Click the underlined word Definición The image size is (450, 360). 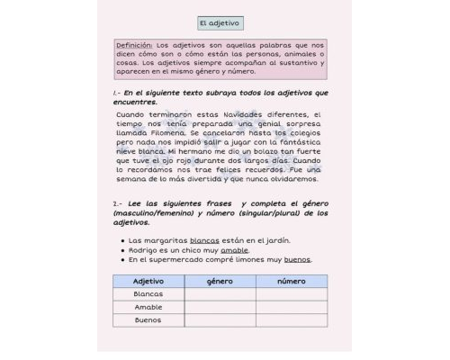pos(134,45)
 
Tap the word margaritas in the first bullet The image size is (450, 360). pos(165,240)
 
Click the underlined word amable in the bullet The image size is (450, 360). pos(234,250)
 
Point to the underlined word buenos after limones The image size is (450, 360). pos(297,260)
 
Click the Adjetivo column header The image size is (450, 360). pos(148,282)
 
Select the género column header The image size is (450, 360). pos(220,282)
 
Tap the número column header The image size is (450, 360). pos(291,282)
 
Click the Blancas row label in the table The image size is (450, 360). pos(148,294)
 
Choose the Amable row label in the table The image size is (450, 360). pos(148,307)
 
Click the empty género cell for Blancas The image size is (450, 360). pos(220,294)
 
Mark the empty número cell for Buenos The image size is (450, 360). pos(291,319)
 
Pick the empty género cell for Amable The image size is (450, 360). pos(220,307)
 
